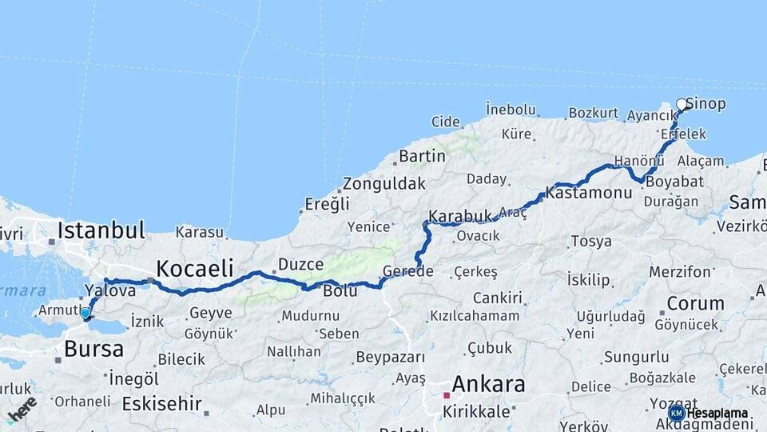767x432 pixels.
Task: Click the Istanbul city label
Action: pyautogui.click(x=101, y=231)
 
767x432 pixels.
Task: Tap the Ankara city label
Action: pyautogui.click(x=488, y=384)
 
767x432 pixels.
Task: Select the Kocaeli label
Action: pyautogui.click(x=194, y=267)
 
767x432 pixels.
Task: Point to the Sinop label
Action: pyautogui.click(x=706, y=104)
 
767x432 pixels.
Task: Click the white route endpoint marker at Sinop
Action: pyautogui.click(x=682, y=104)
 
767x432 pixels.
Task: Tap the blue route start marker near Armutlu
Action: pyautogui.click(x=85, y=314)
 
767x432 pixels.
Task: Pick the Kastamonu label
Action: pyautogui.click(x=589, y=193)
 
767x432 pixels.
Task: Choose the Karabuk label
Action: pyautogui.click(x=459, y=216)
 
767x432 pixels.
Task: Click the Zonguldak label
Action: pyautogui.click(x=383, y=183)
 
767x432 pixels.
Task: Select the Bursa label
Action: pyautogui.click(x=93, y=349)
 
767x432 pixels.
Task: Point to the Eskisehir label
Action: pyautogui.click(x=161, y=403)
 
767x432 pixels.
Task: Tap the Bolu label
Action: pyautogui.click(x=340, y=290)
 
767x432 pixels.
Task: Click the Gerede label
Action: pyautogui.click(x=407, y=271)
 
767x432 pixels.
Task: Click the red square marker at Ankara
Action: pyautogui.click(x=447, y=394)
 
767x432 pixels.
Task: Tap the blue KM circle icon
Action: pyautogui.click(x=676, y=413)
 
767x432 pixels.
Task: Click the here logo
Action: pyautogui.click(x=22, y=407)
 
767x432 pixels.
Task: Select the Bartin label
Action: pyautogui.click(x=422, y=155)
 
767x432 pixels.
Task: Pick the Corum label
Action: pyautogui.click(x=695, y=303)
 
